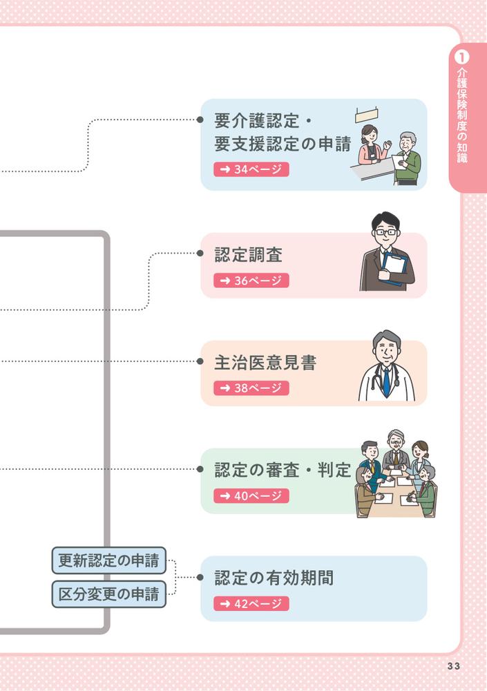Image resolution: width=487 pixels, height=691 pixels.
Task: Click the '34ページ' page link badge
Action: [251, 169]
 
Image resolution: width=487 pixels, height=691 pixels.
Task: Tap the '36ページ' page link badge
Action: [251, 281]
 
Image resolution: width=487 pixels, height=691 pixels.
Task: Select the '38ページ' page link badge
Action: [251, 388]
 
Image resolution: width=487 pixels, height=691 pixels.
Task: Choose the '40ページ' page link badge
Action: [251, 495]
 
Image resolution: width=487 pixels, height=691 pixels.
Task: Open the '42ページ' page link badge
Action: [251, 603]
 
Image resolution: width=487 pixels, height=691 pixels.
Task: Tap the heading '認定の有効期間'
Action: [274, 578]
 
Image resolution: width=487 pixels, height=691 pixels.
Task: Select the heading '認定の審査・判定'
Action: [283, 471]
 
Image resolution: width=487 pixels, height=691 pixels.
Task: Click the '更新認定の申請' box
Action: [109, 560]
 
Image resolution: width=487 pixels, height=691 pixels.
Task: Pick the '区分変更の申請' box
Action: [109, 594]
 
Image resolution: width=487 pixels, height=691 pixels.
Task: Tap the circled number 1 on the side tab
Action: [462, 55]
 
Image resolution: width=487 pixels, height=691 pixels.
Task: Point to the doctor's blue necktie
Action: [386, 379]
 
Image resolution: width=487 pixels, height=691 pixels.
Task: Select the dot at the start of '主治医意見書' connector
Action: [200, 361]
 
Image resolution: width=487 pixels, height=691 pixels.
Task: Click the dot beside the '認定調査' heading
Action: [200, 254]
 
